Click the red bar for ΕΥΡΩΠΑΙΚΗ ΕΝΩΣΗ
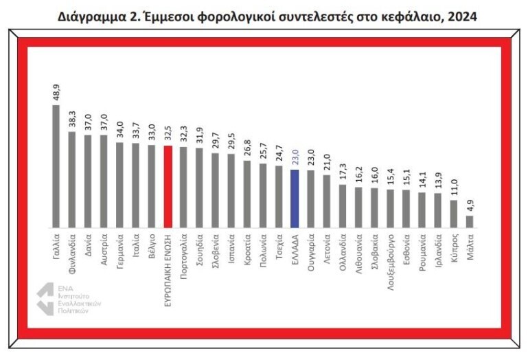point(168,187)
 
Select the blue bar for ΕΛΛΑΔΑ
point(295,199)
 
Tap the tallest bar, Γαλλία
point(56,166)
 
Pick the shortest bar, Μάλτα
point(470,222)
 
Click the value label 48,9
point(56,92)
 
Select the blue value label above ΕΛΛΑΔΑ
point(295,157)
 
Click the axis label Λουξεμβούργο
point(390,262)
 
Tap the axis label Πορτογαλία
point(183,256)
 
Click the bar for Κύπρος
point(454,214)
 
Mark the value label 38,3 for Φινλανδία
point(72,119)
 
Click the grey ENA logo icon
point(45,299)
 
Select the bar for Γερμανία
point(119,185)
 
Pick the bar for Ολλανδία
point(343,206)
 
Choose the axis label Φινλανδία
point(72,253)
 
